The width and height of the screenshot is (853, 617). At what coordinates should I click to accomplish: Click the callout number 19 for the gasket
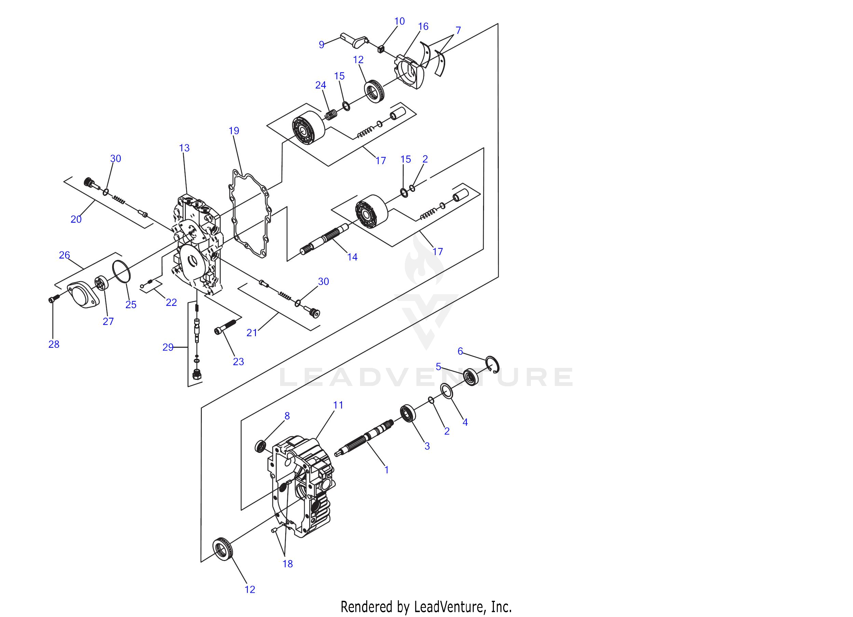pos(234,131)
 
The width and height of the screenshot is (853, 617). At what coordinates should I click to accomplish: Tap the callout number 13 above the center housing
pos(184,148)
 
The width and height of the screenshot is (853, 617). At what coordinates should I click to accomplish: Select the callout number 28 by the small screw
pos(54,344)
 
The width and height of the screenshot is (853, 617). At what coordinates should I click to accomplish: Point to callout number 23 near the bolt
pos(238,361)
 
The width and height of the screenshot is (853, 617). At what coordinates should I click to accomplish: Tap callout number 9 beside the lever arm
pos(321,45)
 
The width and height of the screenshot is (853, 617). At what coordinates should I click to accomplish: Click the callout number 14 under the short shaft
pos(353,257)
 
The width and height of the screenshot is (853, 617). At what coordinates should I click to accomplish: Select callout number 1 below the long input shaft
pos(386,469)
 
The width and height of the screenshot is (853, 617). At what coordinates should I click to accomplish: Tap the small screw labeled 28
pos(54,299)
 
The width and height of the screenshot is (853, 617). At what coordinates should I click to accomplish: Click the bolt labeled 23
pos(225,326)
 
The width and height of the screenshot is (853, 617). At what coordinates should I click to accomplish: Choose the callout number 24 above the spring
pos(320,85)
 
